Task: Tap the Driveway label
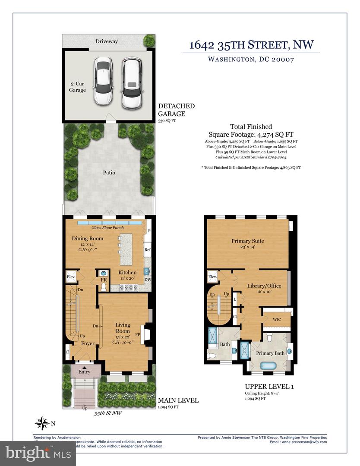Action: pyautogui.click(x=107, y=41)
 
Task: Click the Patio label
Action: pyautogui.click(x=109, y=173)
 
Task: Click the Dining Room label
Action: pyautogui.click(x=87, y=239)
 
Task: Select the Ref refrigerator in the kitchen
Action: pyautogui.click(x=148, y=249)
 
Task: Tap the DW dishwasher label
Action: pyautogui.click(x=148, y=280)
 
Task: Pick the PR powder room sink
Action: pyautogui.click(x=103, y=273)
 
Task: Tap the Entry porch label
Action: pyautogui.click(x=84, y=372)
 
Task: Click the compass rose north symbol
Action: pyautogui.click(x=42, y=423)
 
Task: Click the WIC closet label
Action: pyautogui.click(x=277, y=319)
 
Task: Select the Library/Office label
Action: pyautogui.click(x=264, y=286)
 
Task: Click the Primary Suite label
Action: pyautogui.click(x=247, y=241)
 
